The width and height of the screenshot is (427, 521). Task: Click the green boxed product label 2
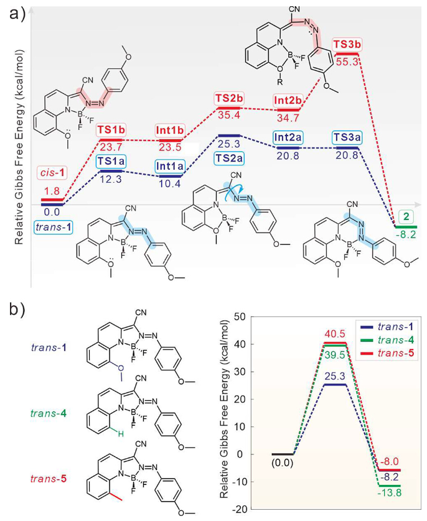406,215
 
